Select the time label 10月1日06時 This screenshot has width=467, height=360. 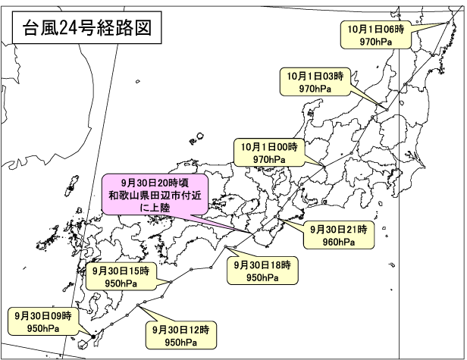377,28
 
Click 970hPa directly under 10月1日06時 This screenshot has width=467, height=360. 375,41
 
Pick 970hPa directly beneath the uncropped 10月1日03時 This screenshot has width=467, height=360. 315,89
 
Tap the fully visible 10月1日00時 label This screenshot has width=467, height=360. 269,146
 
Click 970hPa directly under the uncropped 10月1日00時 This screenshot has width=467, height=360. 268,159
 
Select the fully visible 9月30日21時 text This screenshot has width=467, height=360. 338,229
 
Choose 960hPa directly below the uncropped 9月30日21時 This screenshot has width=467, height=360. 338,242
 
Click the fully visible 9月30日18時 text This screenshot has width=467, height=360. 262,265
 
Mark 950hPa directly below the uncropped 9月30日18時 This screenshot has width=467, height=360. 262,277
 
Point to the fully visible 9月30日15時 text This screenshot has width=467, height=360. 121,271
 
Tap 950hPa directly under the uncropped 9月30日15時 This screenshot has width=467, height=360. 121,283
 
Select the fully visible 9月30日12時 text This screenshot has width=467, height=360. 180,330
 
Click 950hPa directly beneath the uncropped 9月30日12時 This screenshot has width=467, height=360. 180,343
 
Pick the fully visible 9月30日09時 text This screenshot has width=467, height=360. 42,315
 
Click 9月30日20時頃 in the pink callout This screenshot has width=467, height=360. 153,183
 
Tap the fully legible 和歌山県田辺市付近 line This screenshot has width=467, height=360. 153,196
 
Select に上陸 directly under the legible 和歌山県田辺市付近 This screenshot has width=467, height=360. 153,207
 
